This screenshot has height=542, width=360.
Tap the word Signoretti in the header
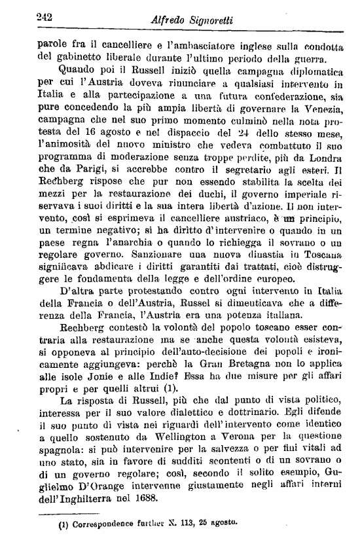coord(215,22)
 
